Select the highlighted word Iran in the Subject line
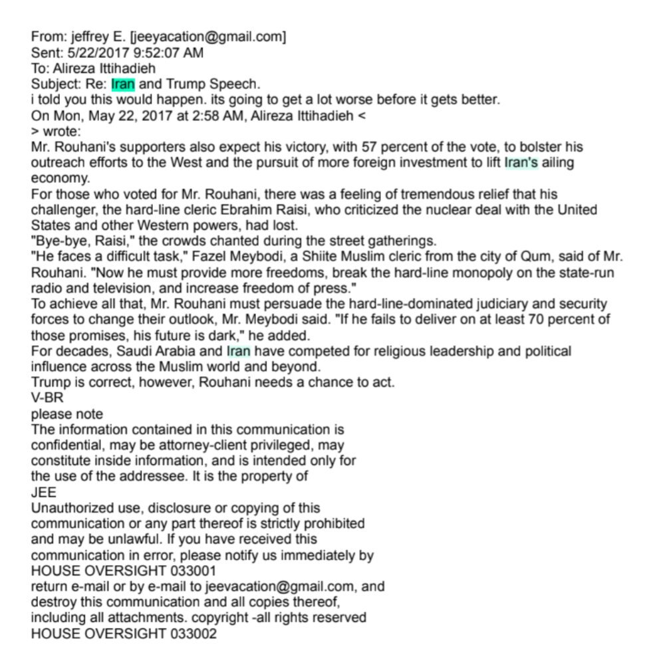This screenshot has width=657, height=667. (123, 84)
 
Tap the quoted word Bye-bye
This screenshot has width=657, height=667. (59, 241)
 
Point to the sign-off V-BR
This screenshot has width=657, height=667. (48, 398)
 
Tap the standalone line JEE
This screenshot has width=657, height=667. (44, 493)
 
